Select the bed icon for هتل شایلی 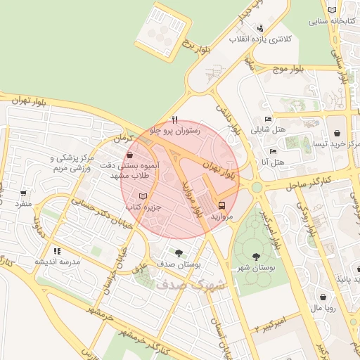(267, 119)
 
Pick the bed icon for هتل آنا (273, 151)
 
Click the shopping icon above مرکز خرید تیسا (338, 133)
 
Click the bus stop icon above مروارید (222, 206)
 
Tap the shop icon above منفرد (24, 193)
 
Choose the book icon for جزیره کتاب (143, 196)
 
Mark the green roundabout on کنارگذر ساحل (256, 187)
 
